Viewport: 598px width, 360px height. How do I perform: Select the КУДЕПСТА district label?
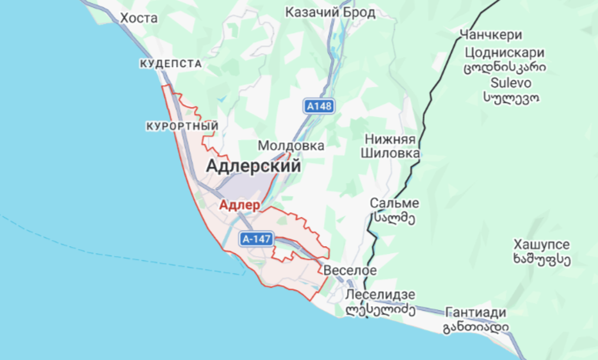pos(171,64)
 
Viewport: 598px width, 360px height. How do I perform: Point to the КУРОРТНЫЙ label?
pos(182,125)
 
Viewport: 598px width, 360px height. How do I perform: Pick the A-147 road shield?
pos(256,239)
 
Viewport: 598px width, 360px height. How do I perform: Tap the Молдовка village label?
pos(291,145)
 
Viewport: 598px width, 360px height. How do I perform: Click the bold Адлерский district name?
pos(253,165)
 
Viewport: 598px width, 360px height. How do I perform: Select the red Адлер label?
pos(239,205)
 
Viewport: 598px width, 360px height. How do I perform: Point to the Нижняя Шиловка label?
pos(390,146)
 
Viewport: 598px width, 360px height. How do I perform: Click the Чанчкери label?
pos(490,35)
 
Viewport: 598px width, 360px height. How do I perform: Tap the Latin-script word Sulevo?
pos(505,82)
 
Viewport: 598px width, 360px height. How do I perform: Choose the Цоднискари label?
pos(505,53)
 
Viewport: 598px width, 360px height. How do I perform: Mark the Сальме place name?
pos(394,203)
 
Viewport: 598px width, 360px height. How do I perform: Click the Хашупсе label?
pos(542,244)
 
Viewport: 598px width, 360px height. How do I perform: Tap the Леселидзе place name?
pos(381,295)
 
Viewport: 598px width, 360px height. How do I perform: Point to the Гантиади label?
pos(476,312)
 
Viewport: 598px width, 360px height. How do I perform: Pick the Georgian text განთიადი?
pos(476,328)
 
